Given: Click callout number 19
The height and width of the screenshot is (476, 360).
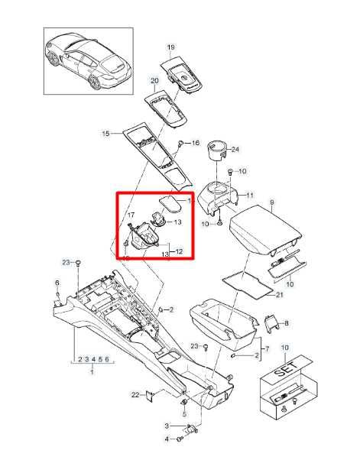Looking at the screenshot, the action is pyautogui.click(x=171, y=47).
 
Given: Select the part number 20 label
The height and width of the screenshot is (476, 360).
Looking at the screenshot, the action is pyautogui.click(x=154, y=80).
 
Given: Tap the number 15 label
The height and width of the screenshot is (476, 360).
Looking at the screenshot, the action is pyautogui.click(x=105, y=133).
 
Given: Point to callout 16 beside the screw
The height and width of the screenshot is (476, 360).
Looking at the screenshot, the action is pyautogui.click(x=196, y=142).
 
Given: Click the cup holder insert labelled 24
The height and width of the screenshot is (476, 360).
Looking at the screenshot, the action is pyautogui.click(x=217, y=151).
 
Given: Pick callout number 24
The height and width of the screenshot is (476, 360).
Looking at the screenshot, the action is pyautogui.click(x=235, y=149).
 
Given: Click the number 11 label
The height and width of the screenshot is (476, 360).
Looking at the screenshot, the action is pyautogui.click(x=249, y=195).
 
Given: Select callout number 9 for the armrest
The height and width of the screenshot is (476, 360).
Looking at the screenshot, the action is pyautogui.click(x=272, y=201).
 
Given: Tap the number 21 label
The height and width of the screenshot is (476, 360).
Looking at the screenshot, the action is pyautogui.click(x=279, y=295).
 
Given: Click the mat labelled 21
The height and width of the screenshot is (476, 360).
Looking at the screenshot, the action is pyautogui.click(x=248, y=283).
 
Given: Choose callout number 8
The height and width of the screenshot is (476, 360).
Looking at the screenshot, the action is pyautogui.click(x=287, y=323).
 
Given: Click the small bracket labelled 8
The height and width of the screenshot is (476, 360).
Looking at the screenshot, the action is pyautogui.click(x=271, y=324).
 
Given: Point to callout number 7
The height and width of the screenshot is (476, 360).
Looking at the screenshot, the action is pyautogui.click(x=267, y=349).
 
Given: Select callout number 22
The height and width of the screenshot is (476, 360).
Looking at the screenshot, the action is pyautogui.click(x=135, y=395).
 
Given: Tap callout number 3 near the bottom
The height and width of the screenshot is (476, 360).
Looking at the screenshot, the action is pyautogui.click(x=167, y=426).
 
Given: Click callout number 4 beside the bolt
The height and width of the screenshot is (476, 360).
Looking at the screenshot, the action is pyautogui.click(x=167, y=439).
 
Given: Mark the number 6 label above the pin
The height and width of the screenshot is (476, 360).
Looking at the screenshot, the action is pyautogui.click(x=57, y=283).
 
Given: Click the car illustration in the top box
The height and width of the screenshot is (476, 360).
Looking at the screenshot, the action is pyautogui.click(x=88, y=60).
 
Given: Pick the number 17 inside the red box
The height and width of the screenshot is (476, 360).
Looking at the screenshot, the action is pyautogui.click(x=131, y=215).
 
